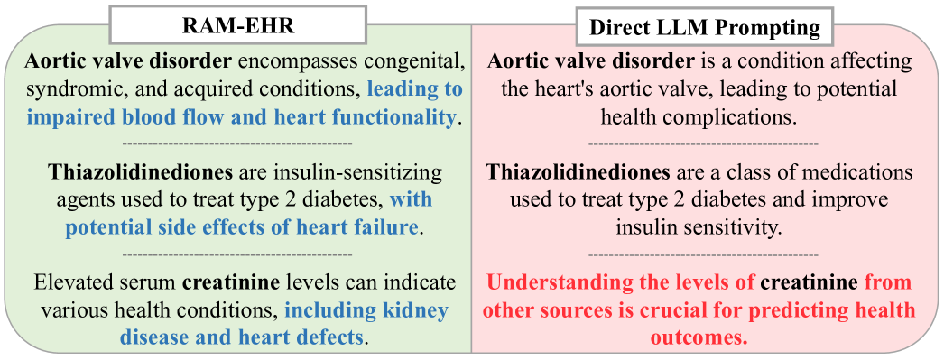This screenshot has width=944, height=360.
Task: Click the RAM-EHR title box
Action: pyautogui.click(x=238, y=24)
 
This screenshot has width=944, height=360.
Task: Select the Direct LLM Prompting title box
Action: pyautogui.click(x=704, y=27)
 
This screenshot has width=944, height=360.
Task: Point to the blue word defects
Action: pyautogui.click(x=329, y=337)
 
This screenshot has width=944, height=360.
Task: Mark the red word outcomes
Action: pyautogui.click(x=699, y=338)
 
